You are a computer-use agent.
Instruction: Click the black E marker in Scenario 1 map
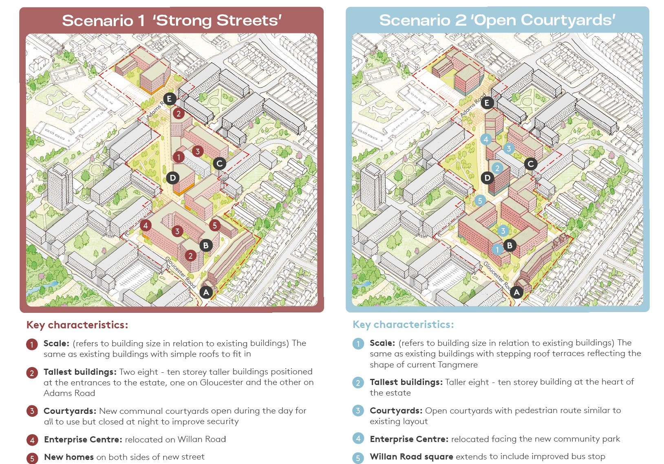click(170, 99)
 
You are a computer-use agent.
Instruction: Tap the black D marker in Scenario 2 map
click(487, 178)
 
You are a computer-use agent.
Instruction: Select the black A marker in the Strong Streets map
click(206, 292)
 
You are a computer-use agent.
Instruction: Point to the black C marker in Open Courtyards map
click(530, 164)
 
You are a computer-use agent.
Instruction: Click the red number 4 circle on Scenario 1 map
click(146, 225)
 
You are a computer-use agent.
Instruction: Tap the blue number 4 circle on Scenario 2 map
click(485, 139)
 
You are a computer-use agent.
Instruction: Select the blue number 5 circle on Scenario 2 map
click(480, 200)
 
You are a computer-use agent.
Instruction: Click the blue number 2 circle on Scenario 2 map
click(497, 168)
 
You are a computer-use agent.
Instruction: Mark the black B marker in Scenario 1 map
click(206, 245)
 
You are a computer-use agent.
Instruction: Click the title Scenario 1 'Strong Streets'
click(172, 20)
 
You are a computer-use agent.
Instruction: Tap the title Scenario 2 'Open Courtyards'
click(497, 20)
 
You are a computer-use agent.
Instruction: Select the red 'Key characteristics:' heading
click(77, 325)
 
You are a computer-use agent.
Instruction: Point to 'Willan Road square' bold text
click(411, 457)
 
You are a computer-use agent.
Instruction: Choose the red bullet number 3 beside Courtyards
click(32, 411)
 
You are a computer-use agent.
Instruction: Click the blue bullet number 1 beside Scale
click(358, 343)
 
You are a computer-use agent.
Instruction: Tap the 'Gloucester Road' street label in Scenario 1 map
click(181, 272)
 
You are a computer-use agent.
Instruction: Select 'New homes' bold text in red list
click(69, 457)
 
